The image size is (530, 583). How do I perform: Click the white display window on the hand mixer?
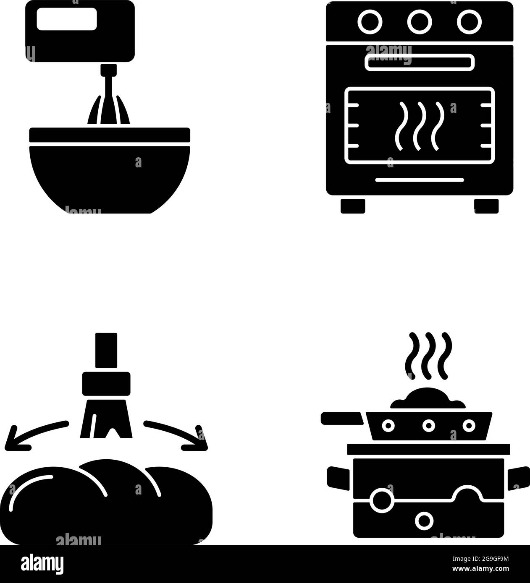click(67, 20)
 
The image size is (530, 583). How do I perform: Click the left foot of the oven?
click(353, 206)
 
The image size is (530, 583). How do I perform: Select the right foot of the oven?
click(486, 206)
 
